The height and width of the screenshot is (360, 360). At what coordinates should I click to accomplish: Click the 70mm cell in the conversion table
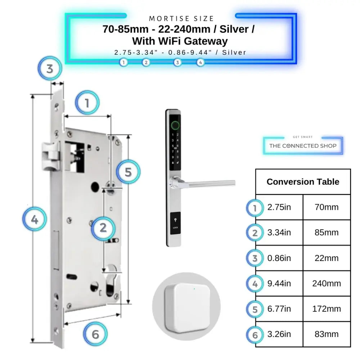[327, 207]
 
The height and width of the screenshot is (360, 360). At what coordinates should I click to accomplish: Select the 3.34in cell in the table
[279, 233]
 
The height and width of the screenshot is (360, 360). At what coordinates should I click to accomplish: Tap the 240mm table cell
[327, 284]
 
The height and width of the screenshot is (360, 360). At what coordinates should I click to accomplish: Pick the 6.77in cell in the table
[279, 309]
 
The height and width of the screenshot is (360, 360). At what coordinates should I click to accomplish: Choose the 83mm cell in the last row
[327, 334]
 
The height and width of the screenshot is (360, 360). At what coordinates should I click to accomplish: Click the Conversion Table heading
[303, 182]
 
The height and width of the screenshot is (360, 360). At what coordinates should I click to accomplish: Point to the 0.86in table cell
[279, 258]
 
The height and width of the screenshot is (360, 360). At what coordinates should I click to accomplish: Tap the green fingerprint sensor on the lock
[175, 125]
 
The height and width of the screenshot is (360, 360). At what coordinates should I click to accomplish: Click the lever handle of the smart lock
[209, 184]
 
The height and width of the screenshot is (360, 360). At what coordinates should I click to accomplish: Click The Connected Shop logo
[303, 145]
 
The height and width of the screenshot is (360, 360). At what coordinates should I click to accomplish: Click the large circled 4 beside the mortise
[35, 219]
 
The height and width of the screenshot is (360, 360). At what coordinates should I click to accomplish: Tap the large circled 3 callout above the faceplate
[50, 68]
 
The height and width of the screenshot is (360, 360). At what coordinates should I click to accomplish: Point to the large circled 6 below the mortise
[95, 334]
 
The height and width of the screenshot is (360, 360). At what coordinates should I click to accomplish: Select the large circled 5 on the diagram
[128, 172]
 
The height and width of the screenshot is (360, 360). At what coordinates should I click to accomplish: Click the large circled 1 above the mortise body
[87, 103]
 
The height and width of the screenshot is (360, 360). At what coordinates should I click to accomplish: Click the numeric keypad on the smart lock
[175, 149]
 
